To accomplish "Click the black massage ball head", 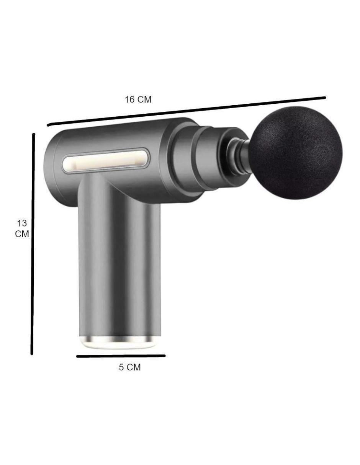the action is click(296, 153).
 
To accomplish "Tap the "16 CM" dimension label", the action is click(138, 100).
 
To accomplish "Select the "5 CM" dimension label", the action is click(130, 367).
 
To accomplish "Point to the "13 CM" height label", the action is click(22, 228).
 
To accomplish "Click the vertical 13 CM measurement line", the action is click(33, 244).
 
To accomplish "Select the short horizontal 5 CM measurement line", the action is click(121, 356).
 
